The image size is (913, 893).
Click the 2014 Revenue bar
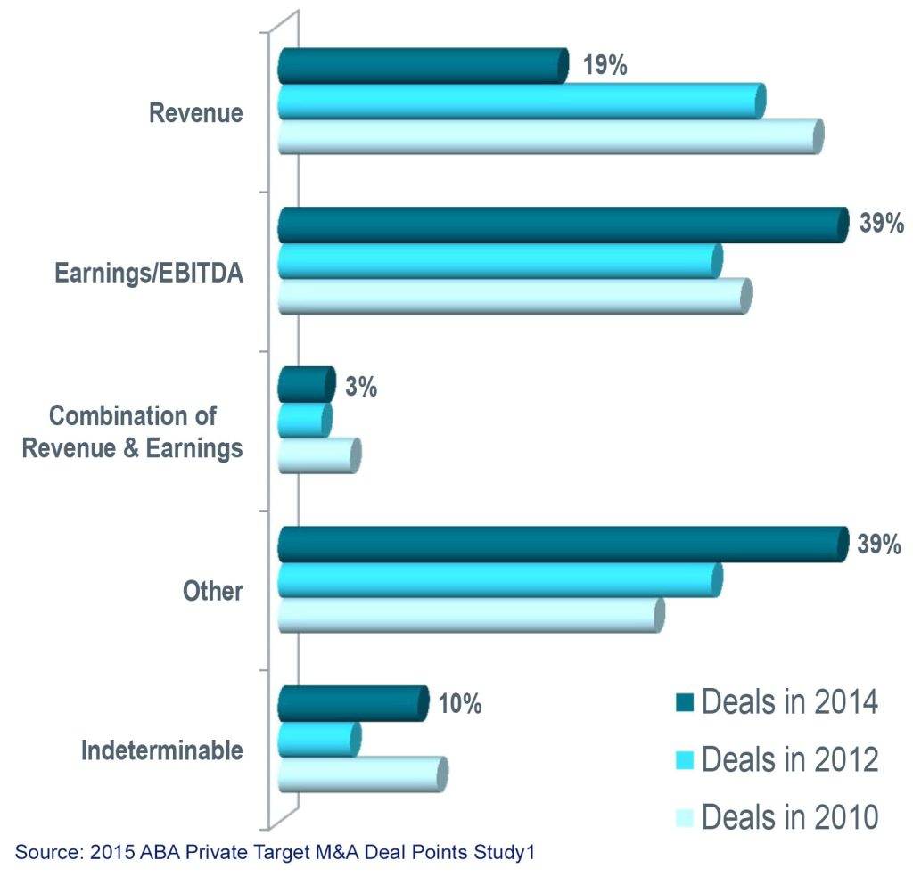tap(422, 66)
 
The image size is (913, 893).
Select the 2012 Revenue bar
tap(521, 101)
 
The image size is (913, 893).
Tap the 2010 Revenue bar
tap(549, 136)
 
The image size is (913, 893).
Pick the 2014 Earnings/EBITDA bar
tap(562, 225)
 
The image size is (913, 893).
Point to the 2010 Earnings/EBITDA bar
tap(513, 296)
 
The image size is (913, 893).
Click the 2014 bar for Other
tap(562, 545)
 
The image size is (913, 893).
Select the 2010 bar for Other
tap(470, 615)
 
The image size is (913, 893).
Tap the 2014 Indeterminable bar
tap(352, 704)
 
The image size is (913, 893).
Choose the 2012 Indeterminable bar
tap(318, 739)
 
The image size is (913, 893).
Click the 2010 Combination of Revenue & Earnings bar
tap(318, 455)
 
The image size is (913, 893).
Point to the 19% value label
tap(606, 65)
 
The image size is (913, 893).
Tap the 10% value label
tap(460, 704)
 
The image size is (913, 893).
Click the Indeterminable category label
tap(162, 750)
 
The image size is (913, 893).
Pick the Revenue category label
tap(196, 114)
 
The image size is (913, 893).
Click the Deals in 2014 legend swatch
tap(682, 701)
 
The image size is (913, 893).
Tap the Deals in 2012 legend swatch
tap(682, 759)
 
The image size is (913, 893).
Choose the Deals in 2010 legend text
tap(791, 815)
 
